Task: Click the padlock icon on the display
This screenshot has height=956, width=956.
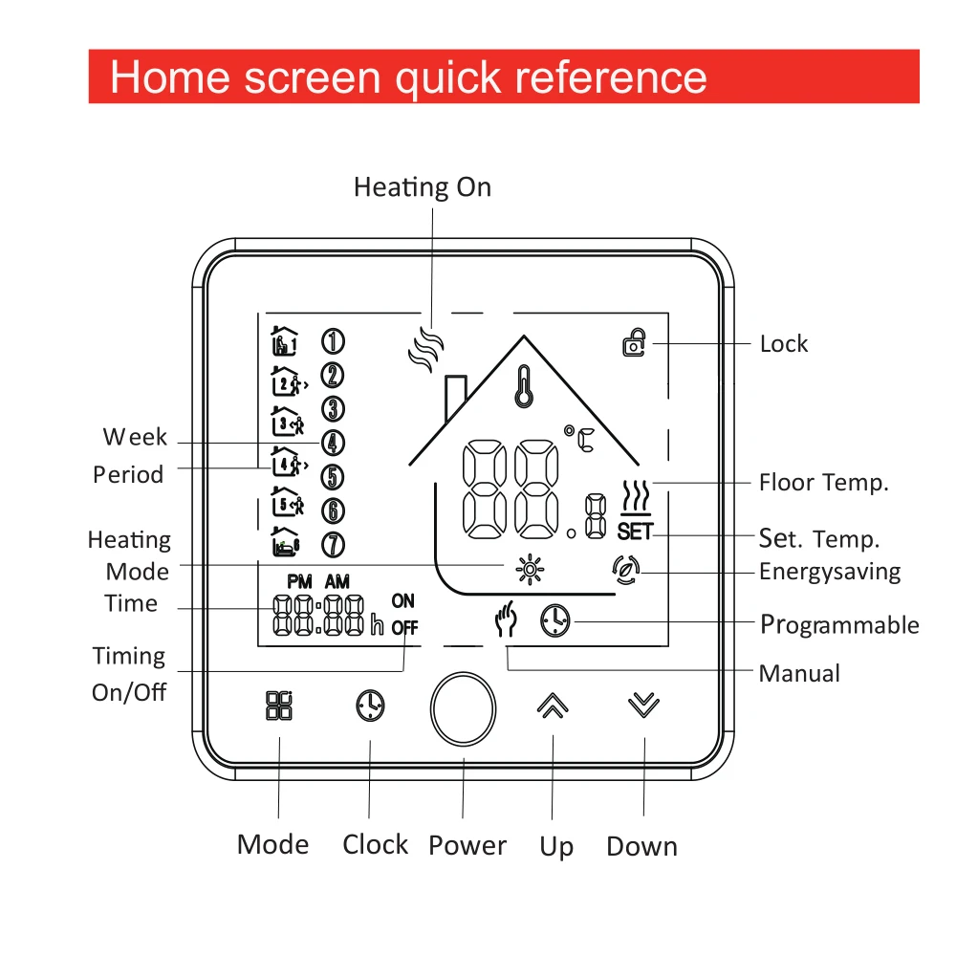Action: pyautogui.click(x=634, y=342)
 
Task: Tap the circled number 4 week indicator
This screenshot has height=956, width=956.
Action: pyautogui.click(x=333, y=443)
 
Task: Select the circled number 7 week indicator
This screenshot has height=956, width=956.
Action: pyautogui.click(x=333, y=545)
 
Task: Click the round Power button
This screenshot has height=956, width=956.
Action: pyautogui.click(x=463, y=708)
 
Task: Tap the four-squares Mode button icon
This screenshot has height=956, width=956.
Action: pyautogui.click(x=279, y=706)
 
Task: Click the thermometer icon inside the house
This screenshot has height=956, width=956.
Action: pyautogui.click(x=524, y=386)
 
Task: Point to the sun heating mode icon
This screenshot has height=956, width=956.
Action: pyautogui.click(x=530, y=570)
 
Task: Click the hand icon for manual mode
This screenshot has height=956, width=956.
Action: pyautogui.click(x=506, y=619)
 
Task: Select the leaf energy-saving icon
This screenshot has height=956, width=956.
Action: pyautogui.click(x=626, y=570)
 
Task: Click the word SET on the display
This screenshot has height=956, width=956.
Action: pyautogui.click(x=636, y=532)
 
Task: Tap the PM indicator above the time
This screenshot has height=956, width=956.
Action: pyautogui.click(x=299, y=581)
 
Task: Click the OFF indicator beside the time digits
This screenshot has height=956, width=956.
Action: pyautogui.click(x=404, y=627)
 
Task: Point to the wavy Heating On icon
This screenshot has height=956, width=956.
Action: pyautogui.click(x=425, y=349)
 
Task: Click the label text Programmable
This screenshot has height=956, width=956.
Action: pyautogui.click(x=839, y=625)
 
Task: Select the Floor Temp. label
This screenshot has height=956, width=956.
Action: pyautogui.click(x=824, y=482)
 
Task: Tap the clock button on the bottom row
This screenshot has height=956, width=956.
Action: pyautogui.click(x=370, y=706)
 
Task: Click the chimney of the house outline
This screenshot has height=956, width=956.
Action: pyautogui.click(x=455, y=397)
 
